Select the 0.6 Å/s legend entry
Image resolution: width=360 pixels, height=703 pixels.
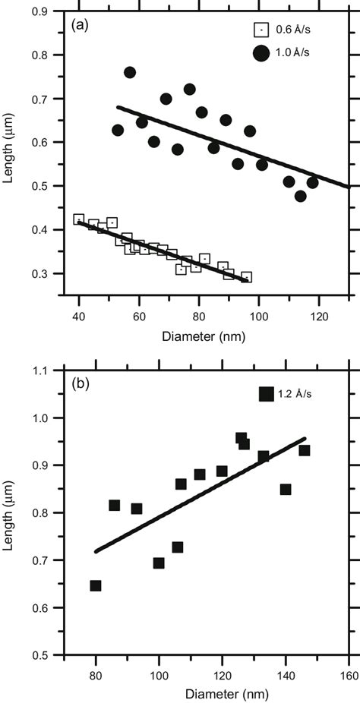tap(283, 30)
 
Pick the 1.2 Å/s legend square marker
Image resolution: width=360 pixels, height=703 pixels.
tap(266, 393)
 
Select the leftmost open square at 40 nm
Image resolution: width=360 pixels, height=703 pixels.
tap(79, 219)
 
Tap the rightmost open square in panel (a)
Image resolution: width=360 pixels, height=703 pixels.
tap(246, 277)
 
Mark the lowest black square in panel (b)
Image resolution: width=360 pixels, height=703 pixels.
tap(96, 585)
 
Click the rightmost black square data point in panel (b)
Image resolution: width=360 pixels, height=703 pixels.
tap(305, 450)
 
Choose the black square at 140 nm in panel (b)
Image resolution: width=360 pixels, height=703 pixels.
tap(286, 490)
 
